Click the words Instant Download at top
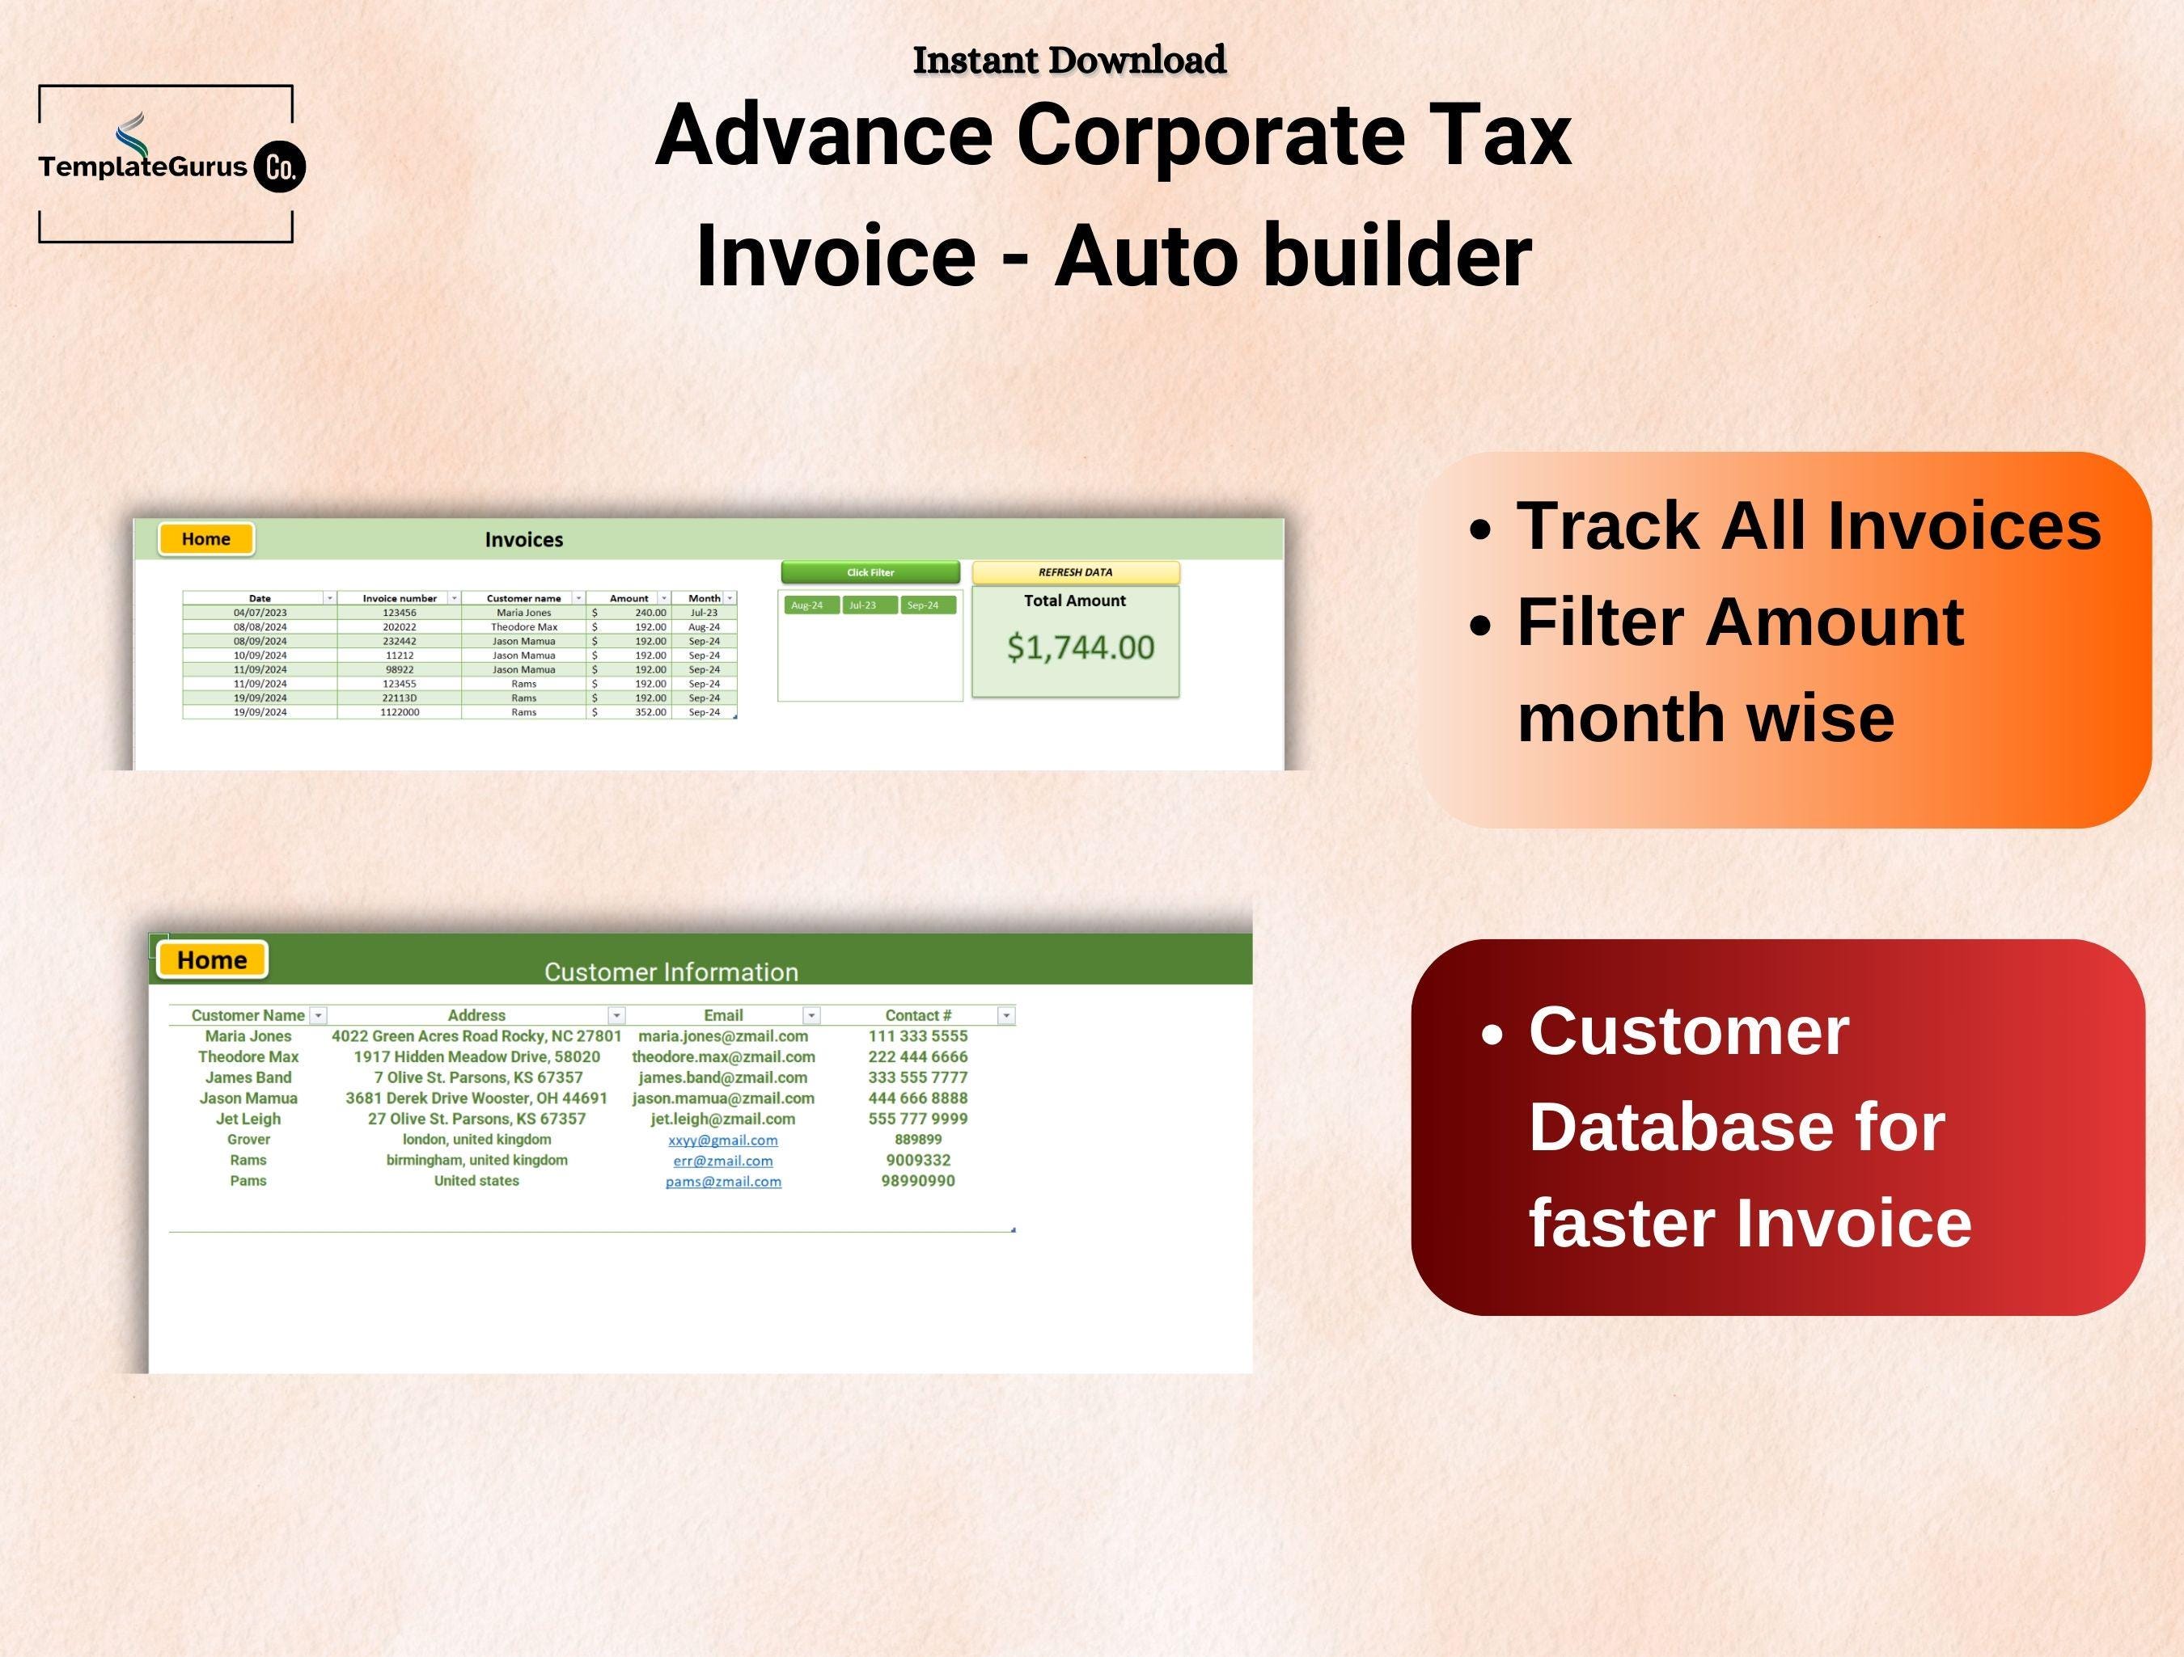click(x=1069, y=60)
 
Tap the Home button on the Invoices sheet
click(x=205, y=539)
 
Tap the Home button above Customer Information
click(x=211, y=959)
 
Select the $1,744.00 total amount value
click(x=1079, y=647)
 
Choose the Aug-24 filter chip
click(x=807, y=605)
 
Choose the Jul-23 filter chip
click(x=863, y=605)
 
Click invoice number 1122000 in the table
click(x=399, y=711)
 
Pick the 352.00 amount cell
click(x=650, y=711)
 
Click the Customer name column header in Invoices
click(x=523, y=598)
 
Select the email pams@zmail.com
click(x=722, y=1181)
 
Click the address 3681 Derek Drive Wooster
click(x=476, y=1098)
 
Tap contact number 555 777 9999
click(x=917, y=1118)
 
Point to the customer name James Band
click(x=248, y=1077)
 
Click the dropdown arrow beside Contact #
click(x=1005, y=1015)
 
